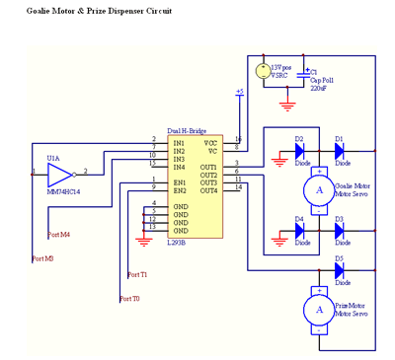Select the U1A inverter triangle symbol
(x=58, y=176)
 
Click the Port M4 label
(x=59, y=235)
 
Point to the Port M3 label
(x=42, y=258)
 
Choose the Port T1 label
(x=137, y=275)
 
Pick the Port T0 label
(x=129, y=298)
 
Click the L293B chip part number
(x=179, y=243)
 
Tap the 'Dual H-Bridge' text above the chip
(x=188, y=130)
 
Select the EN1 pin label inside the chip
(x=180, y=182)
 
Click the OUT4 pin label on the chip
(x=208, y=190)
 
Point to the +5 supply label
(x=239, y=92)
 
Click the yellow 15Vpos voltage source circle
(x=263, y=71)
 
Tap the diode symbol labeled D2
(x=299, y=151)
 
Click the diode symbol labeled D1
(x=339, y=151)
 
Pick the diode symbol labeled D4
(x=299, y=230)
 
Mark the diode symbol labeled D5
(x=339, y=269)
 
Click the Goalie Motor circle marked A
(x=318, y=190)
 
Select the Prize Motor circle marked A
(x=318, y=309)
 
